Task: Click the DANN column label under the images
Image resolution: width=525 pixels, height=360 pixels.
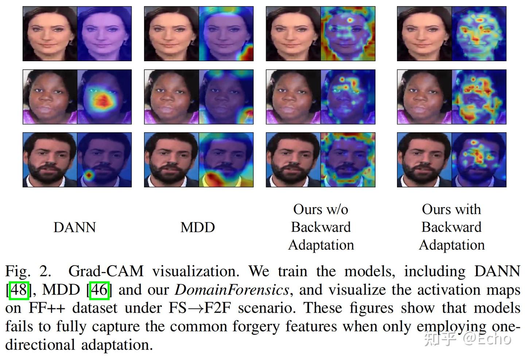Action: tap(75, 227)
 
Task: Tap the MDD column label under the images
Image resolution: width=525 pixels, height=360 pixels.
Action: tap(198, 227)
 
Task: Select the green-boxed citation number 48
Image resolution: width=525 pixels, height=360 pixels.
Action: tap(19, 290)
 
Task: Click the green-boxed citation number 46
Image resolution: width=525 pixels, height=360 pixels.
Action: tap(100, 290)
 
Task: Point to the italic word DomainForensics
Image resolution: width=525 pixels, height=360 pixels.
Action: tap(232, 290)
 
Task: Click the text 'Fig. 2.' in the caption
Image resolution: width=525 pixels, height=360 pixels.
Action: tap(28, 272)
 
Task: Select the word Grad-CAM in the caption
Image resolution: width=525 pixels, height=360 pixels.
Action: tap(106, 271)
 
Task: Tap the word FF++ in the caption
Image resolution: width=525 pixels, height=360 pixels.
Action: tap(47, 308)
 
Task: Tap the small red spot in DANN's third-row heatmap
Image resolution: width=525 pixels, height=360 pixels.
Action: tap(89, 175)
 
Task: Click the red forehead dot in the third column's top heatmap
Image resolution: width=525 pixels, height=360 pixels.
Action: tap(350, 20)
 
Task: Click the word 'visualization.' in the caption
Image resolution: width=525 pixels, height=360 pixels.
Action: tap(196, 271)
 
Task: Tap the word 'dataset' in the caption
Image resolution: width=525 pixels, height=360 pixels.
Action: tap(95, 308)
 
